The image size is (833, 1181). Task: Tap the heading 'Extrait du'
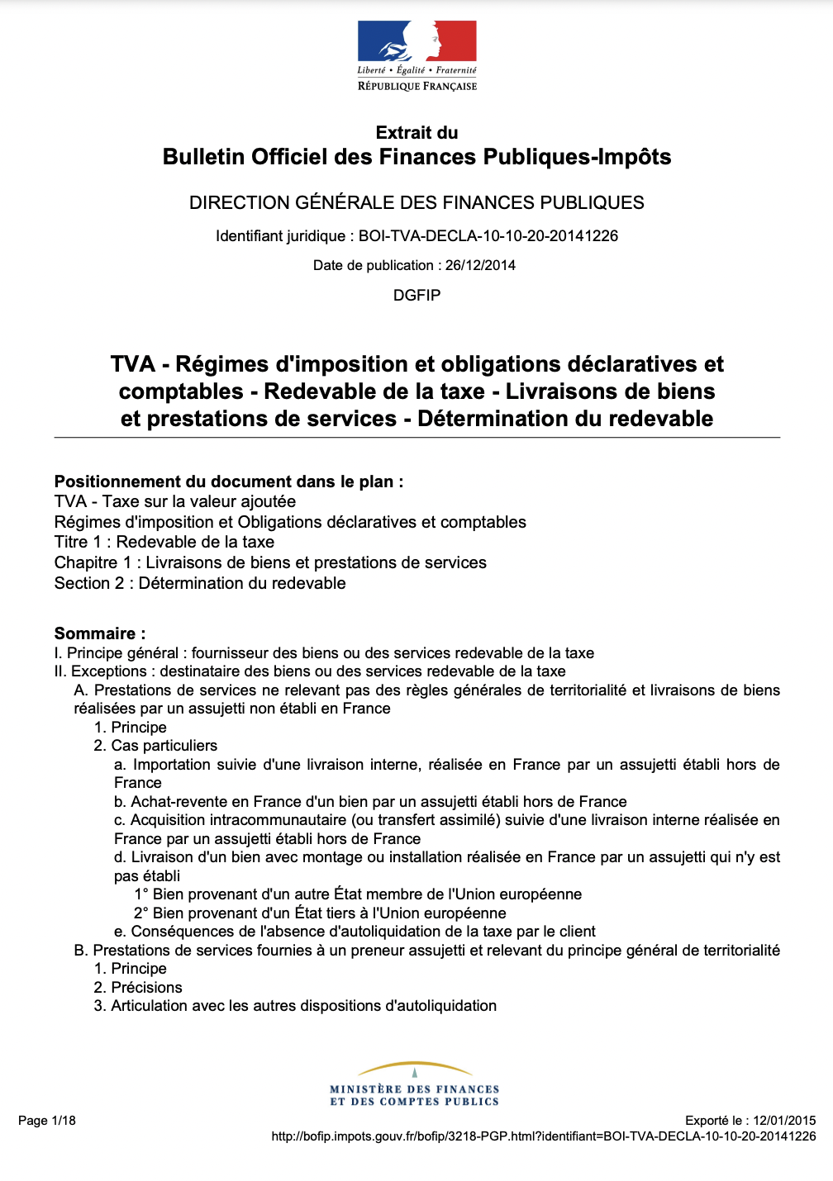coord(416,133)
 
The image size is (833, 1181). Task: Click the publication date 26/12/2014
coord(480,265)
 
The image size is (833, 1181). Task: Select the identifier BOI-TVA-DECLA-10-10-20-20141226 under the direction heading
coord(488,236)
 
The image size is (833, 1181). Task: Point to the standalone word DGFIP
coord(416,295)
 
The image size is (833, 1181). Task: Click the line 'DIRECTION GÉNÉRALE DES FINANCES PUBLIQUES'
coord(416,203)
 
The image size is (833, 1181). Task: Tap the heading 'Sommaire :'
coord(100,633)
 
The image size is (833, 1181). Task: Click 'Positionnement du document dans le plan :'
coord(229,481)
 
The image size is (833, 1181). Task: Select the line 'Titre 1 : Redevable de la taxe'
coord(164,542)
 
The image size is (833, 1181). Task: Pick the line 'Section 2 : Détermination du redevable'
coord(200,583)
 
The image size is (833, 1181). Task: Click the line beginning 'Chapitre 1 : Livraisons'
coord(270,562)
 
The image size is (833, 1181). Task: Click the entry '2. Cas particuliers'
coord(155,746)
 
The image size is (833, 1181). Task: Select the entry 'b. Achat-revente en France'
coord(370,801)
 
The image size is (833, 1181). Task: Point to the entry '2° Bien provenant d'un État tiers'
coord(320,913)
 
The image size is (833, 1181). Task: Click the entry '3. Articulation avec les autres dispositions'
coord(295,1006)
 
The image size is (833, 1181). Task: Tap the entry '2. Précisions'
coord(138,987)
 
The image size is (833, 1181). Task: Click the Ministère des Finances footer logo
coord(415,1084)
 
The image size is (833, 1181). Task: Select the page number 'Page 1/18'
coord(47,1121)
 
